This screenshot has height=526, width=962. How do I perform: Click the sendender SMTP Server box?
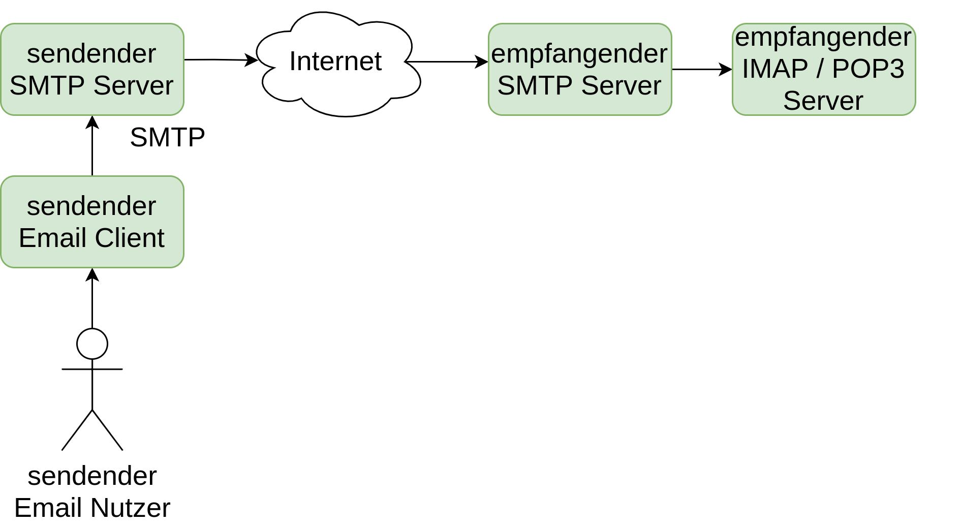pos(92,70)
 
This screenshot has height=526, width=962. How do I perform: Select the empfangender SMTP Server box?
pos(580,70)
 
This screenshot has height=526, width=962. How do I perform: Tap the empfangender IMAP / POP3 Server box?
pos(824,70)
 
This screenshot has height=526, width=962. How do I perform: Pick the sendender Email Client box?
pos(92,222)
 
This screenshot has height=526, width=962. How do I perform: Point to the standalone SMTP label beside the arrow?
pos(167,137)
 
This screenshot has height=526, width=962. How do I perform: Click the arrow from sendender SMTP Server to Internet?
pos(221,60)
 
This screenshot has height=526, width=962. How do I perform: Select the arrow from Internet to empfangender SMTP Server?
pos(447,62)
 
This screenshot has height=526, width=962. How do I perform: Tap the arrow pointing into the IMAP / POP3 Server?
pos(702,70)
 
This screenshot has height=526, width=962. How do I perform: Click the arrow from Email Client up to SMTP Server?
pos(92,146)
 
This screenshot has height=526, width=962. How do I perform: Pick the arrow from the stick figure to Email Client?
pos(92,298)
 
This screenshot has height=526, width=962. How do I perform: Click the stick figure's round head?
pos(92,344)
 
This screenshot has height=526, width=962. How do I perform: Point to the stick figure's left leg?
pos(77,430)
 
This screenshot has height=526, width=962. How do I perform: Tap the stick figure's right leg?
pos(107,430)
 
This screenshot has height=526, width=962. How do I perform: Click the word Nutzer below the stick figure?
pos(130,508)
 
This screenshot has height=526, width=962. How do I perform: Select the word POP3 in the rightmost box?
pos(868,69)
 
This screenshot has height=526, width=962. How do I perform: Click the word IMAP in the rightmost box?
pos(774,69)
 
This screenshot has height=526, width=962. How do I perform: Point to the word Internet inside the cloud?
pos(335,61)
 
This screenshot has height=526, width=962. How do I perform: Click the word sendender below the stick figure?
pos(92,476)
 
